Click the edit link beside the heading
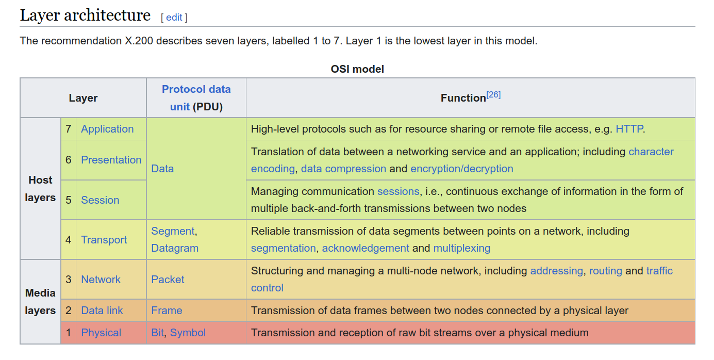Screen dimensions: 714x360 pos(174,17)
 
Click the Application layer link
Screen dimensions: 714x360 pos(107,129)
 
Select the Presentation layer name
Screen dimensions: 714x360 pos(111,160)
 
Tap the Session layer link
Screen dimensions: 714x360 pos(100,200)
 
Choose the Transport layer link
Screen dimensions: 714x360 pos(104,240)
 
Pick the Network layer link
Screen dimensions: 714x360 pos(101,280)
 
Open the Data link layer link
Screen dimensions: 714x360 pos(102,310)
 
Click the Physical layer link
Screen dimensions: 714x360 pos(101,333)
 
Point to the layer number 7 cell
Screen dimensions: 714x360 pos(68,129)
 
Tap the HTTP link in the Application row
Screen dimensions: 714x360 pos(629,129)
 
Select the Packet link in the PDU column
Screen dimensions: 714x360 pos(168,280)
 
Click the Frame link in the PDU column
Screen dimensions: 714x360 pos(167,310)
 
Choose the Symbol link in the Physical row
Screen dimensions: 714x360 pos(188,333)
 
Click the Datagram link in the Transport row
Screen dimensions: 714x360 pos(175,248)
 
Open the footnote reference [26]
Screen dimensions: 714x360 pos(493,95)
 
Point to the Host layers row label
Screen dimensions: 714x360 pos(40,189)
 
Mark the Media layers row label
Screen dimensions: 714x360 pos(40,302)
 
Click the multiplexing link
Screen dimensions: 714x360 pos(462,248)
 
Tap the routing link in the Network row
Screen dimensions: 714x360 pos(606,271)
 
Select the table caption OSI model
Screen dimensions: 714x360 pos(357,69)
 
